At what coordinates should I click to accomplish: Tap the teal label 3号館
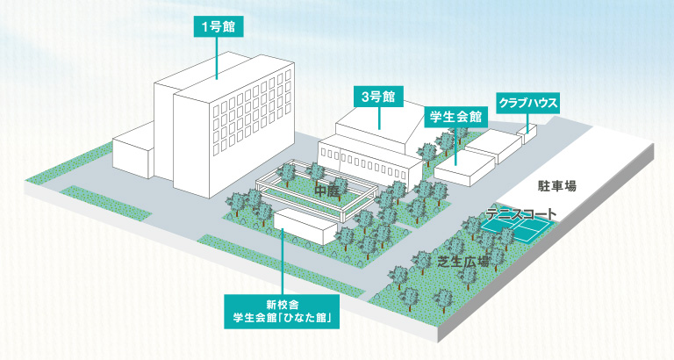[377, 96]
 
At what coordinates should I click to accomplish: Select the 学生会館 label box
[455, 116]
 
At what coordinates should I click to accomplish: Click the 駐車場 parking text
[557, 186]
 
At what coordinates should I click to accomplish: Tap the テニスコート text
[521, 214]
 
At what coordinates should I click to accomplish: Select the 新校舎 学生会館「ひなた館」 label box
[281, 313]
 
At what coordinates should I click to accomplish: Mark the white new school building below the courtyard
[304, 228]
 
